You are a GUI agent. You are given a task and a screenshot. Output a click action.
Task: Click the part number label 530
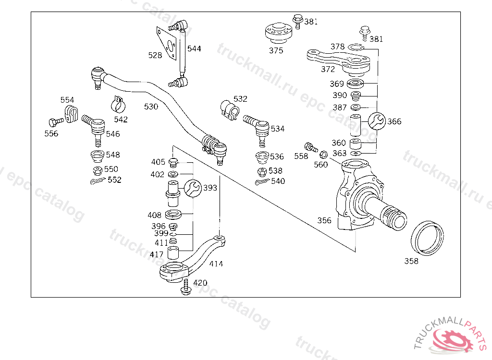click(x=151, y=107)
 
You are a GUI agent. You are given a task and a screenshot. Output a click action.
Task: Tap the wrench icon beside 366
click(x=377, y=121)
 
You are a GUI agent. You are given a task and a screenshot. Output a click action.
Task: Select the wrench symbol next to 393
click(x=193, y=188)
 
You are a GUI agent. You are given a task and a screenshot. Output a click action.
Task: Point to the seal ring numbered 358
click(x=427, y=239)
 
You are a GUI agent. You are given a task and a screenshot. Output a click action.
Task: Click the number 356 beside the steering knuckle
click(x=324, y=220)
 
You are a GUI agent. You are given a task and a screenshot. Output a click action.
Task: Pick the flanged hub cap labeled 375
click(x=279, y=33)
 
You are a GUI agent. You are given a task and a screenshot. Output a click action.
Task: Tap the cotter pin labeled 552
click(x=98, y=181)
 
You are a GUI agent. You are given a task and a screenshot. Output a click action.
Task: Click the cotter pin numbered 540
click(x=262, y=181)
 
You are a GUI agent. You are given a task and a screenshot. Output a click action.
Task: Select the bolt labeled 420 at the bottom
click(x=186, y=287)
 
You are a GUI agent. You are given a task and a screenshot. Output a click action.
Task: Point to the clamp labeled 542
click(x=118, y=105)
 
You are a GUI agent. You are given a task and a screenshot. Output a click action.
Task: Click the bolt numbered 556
click(x=56, y=121)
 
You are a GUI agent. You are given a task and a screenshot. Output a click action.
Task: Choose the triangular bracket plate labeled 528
click(x=166, y=43)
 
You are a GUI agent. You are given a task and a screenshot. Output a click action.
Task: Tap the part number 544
click(x=194, y=48)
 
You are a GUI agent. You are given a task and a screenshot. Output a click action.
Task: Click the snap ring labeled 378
click(x=356, y=48)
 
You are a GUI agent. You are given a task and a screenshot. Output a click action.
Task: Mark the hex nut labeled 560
click(x=323, y=155)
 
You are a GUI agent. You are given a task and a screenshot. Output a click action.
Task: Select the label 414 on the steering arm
click(x=216, y=264)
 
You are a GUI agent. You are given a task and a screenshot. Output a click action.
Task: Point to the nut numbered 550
click(x=98, y=170)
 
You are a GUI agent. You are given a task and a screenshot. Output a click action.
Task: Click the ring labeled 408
click(x=173, y=215)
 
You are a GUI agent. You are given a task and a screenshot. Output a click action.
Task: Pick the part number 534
click(x=278, y=129)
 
